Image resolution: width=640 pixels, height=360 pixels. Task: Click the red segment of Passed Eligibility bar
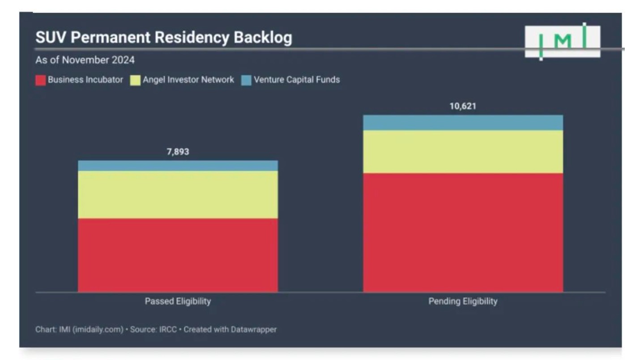pos(178,255)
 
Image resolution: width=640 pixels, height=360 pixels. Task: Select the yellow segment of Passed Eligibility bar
pos(178,194)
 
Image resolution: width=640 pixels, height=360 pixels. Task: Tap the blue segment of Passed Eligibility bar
pos(178,166)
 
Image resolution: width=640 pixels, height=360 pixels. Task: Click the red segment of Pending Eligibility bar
pos(463,232)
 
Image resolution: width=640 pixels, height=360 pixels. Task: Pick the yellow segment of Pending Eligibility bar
pos(463,151)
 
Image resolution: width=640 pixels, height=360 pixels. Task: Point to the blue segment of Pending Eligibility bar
pos(463,122)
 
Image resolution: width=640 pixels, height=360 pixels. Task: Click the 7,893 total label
pos(178,152)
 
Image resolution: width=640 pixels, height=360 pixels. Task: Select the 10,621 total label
pos(463,107)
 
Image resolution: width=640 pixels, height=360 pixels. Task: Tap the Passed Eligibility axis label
pos(178,301)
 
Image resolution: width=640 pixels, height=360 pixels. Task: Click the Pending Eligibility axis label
pos(463,301)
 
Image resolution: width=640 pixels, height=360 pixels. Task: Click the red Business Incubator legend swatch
pos(41,81)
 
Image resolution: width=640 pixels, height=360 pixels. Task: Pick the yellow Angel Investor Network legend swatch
pos(135,81)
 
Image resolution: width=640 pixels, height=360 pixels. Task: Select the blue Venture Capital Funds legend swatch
pos(246,81)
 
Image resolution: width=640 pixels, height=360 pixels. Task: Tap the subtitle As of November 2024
pos(85,60)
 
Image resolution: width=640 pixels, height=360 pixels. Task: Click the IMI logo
pos(563,41)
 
